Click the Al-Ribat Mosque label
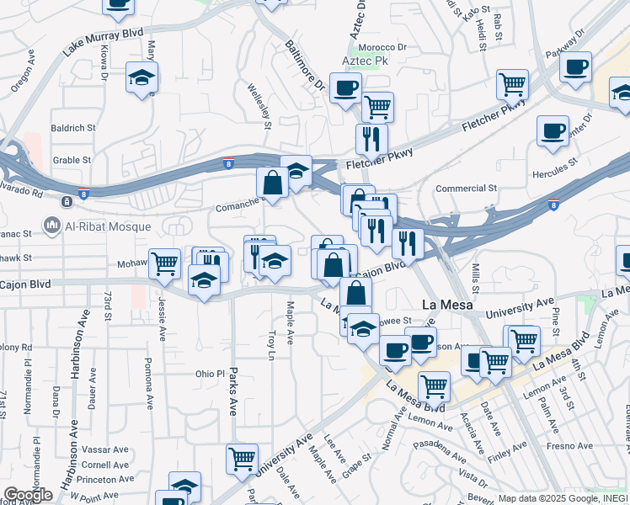click(108, 226)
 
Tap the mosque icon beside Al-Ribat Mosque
click(51, 225)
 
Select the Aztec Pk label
click(364, 62)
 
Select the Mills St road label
click(476, 278)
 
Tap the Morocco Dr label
click(384, 48)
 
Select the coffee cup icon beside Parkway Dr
click(576, 66)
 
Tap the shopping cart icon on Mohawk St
click(164, 263)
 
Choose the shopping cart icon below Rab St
click(512, 83)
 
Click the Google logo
click(29, 496)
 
